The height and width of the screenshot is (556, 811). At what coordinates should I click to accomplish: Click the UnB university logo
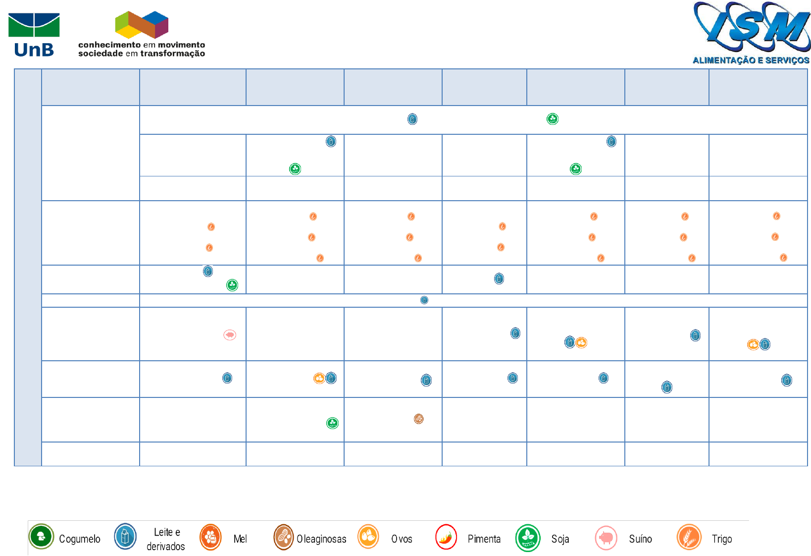pyautogui.click(x=34, y=34)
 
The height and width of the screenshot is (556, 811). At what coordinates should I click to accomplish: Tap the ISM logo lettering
pyautogui.click(x=752, y=28)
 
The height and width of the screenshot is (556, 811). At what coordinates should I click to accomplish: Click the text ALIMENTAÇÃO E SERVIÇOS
pyautogui.click(x=751, y=60)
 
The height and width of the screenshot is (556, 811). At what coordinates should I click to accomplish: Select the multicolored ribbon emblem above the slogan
pyautogui.click(x=142, y=25)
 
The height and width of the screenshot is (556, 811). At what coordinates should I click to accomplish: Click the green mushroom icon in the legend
pyautogui.click(x=41, y=537)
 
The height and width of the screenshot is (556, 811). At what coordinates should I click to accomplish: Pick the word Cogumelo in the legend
pyautogui.click(x=79, y=539)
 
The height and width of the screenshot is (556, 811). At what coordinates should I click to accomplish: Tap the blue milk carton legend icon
pyautogui.click(x=125, y=537)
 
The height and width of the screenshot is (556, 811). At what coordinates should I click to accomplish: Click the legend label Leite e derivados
pyautogui.click(x=166, y=539)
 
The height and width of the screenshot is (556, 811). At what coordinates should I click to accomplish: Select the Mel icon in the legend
pyautogui.click(x=210, y=537)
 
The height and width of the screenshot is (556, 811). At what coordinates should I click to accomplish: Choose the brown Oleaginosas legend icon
pyautogui.click(x=284, y=537)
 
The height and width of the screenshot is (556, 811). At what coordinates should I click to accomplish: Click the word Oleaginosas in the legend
pyautogui.click(x=321, y=539)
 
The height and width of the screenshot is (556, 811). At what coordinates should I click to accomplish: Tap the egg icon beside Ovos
pyautogui.click(x=368, y=537)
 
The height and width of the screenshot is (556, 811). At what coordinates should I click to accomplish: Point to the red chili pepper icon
pyautogui.click(x=446, y=537)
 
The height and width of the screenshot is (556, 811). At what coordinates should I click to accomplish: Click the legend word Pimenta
pyautogui.click(x=484, y=539)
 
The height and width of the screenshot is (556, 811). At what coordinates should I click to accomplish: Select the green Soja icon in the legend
pyautogui.click(x=528, y=538)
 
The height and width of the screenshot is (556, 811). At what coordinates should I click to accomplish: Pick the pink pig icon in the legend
pyautogui.click(x=606, y=538)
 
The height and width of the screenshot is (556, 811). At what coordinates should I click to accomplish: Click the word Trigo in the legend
pyautogui.click(x=721, y=539)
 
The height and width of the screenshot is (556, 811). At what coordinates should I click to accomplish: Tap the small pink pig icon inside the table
pyautogui.click(x=230, y=335)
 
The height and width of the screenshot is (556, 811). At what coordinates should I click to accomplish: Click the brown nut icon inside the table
pyautogui.click(x=418, y=419)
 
